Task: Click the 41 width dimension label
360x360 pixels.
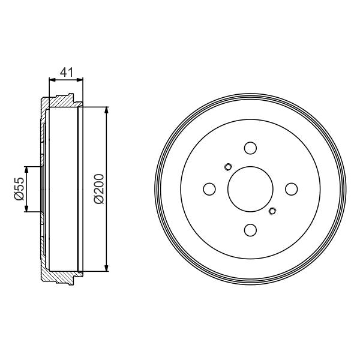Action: pos(66,73)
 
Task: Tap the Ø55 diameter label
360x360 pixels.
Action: pos(19,189)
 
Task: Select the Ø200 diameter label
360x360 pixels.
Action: pos(99,189)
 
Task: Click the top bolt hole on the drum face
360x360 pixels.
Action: pos(250,148)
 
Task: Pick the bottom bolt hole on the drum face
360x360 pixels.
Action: pos(250,230)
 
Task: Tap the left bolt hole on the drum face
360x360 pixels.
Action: pos(209,189)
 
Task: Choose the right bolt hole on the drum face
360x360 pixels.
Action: pos(291,189)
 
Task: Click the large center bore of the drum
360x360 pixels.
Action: pos(250,189)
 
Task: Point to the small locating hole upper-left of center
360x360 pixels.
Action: pos(227,167)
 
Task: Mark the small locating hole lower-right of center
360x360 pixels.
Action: pos(273,210)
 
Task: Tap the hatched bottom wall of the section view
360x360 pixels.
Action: pos(60,278)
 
